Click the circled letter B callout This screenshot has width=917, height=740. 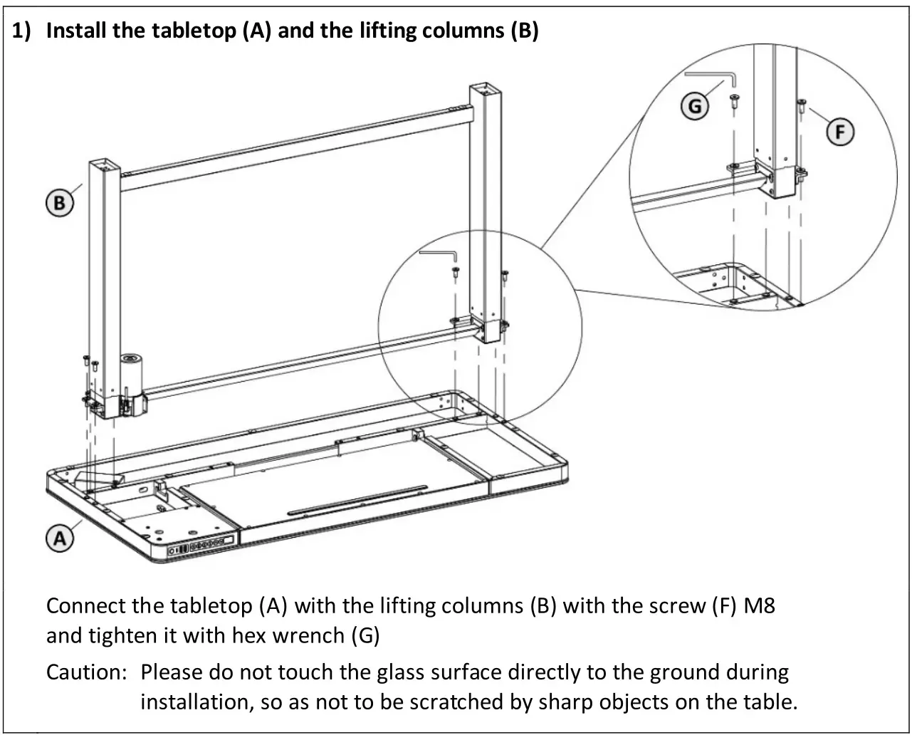[59, 204]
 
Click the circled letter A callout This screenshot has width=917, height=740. [60, 538]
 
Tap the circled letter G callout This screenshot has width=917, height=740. [695, 107]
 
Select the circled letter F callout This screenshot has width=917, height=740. [840, 132]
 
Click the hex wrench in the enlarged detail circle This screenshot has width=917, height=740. [712, 75]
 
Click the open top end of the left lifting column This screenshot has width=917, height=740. [102, 165]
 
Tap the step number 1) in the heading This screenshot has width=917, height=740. [23, 31]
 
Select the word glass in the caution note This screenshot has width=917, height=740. [403, 672]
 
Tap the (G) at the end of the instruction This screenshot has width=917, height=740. [366, 635]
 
